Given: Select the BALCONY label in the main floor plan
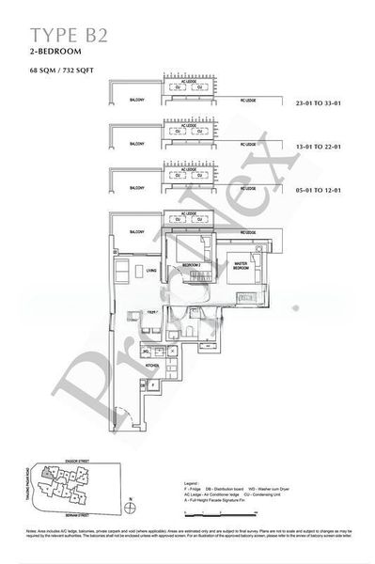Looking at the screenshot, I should [136, 232].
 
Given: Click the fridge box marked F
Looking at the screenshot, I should [153, 384].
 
